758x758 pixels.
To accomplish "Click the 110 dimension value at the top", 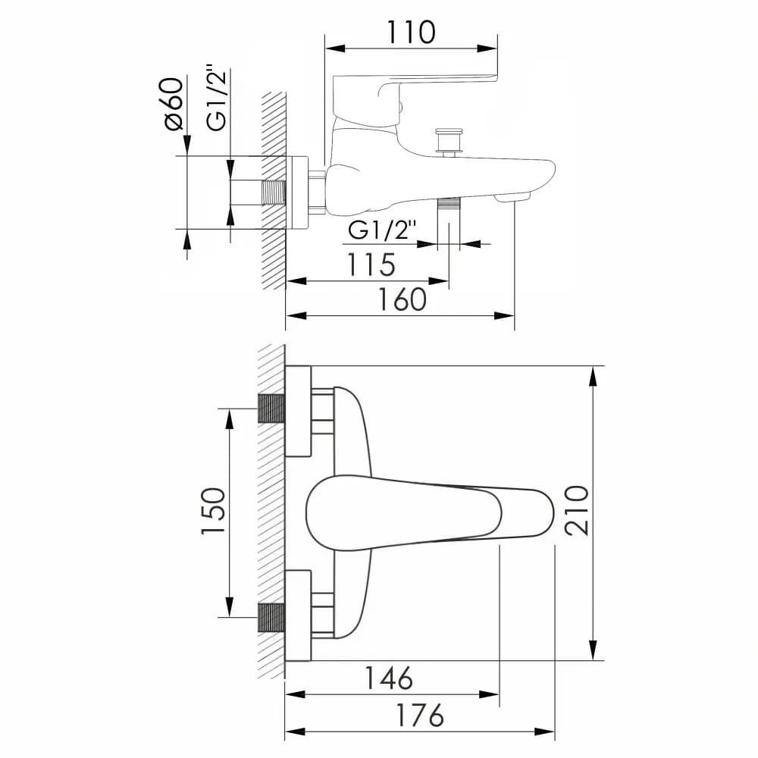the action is [411, 33].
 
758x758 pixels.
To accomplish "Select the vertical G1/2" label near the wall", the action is [216, 97].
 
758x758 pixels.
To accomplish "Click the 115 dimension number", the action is [371, 265].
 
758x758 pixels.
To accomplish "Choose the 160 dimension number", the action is [402, 299].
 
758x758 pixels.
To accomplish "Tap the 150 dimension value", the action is [213, 511].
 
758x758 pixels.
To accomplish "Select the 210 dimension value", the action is [576, 510].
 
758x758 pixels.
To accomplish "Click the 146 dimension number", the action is [388, 678].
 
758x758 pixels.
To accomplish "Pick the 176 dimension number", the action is [420, 715].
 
